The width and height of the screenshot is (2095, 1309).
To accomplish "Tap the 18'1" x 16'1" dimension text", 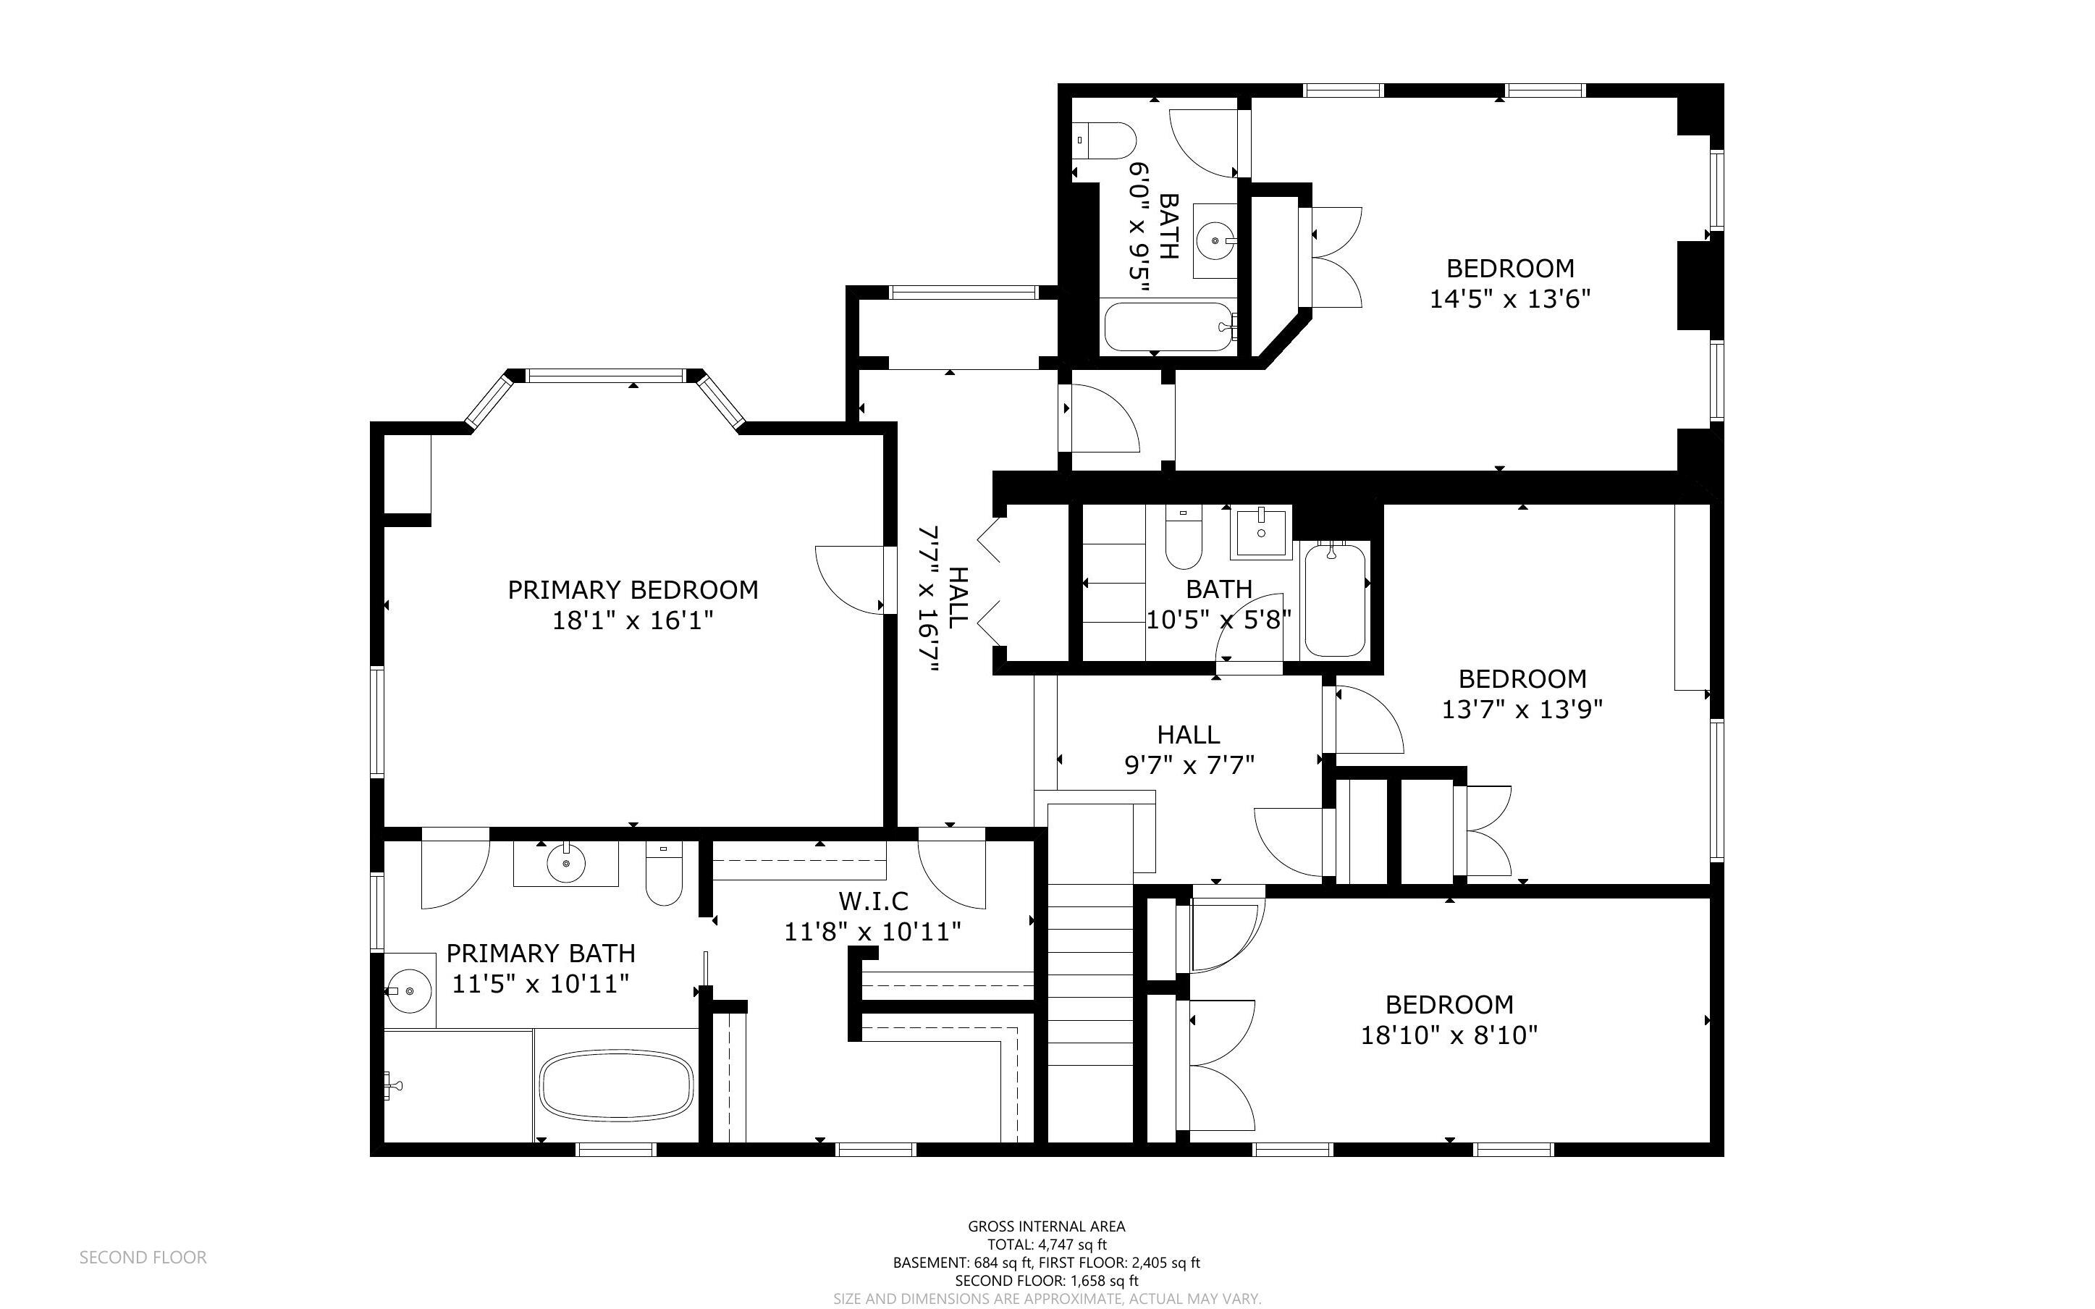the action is (633, 620).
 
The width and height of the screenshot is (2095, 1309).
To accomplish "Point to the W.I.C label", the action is (873, 901).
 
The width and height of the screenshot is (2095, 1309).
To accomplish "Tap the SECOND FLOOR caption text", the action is (143, 1257).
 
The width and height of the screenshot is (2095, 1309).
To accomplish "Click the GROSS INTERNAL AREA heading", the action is (1046, 1226).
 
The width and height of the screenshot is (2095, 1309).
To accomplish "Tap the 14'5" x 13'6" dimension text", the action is (1510, 299).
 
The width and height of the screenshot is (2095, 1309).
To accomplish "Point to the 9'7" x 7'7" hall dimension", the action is (1189, 765).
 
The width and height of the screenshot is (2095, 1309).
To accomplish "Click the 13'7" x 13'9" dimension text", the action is (1522, 709).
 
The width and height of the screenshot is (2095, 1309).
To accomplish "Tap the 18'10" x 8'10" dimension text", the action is (1449, 1035).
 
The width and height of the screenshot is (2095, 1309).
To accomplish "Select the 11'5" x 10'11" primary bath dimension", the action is (541, 983).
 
